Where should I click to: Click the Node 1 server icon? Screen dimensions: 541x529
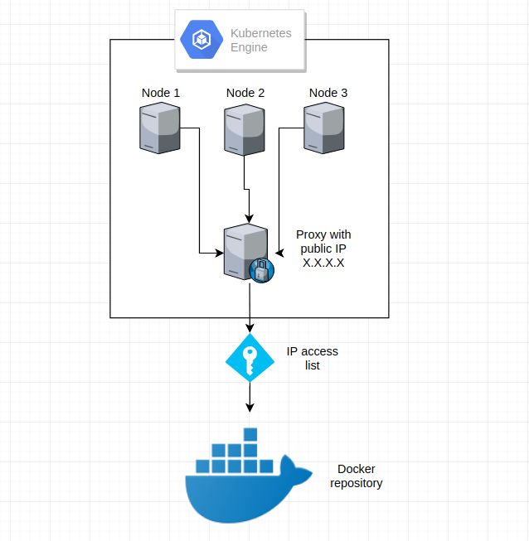coord(159,128)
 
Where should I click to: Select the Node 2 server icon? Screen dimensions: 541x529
coord(245,128)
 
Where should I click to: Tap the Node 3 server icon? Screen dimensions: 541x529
coord(325,128)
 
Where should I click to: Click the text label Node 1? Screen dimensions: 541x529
coord(160,93)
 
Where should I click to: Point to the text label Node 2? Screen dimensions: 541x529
coord(245,93)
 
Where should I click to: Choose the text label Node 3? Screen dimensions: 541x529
coord(328,93)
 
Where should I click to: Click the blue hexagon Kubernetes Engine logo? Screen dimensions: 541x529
coord(202,39)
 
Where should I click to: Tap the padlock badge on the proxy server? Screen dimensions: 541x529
coord(261,271)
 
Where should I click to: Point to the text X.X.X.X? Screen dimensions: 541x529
coord(323,263)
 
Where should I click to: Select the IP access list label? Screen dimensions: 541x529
coord(313,358)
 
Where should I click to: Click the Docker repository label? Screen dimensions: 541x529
coord(356,476)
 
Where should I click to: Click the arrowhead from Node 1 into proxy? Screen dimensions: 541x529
coord(217,252)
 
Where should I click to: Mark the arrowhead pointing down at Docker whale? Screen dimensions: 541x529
coord(250,407)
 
